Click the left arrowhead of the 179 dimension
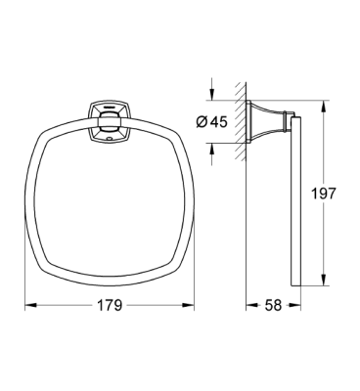[26, 306]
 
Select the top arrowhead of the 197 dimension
[321, 102]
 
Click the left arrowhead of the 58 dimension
[247, 306]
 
